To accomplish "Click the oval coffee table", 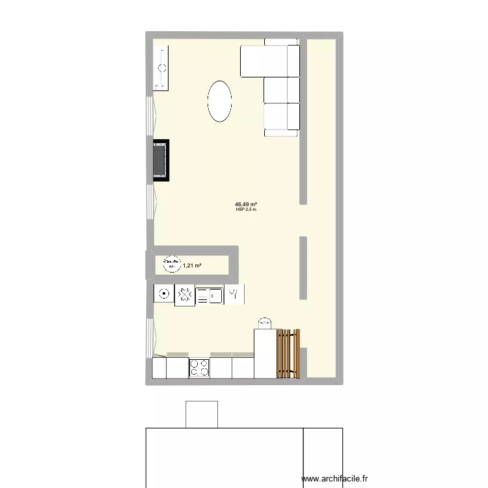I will pyautogui.click(x=219, y=101).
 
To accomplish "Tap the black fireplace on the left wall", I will pyautogui.click(x=160, y=159).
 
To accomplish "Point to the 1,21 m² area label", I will pyautogui.click(x=192, y=265).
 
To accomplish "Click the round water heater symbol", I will pyautogui.click(x=170, y=263).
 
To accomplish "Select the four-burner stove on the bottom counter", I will pyautogui.click(x=199, y=368).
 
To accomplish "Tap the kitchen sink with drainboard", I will pyautogui.click(x=210, y=295).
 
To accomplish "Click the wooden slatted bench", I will pyautogui.click(x=288, y=354).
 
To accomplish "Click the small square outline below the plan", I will pyautogui.click(x=202, y=415).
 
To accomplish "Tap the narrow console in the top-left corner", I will pyautogui.click(x=161, y=68).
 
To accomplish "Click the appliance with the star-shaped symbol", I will pyautogui.click(x=185, y=295).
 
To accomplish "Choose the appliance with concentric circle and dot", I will pyautogui.click(x=163, y=294).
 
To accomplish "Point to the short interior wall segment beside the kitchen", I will pyautogui.click(x=303, y=268).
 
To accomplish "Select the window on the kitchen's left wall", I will pyautogui.click(x=152, y=337).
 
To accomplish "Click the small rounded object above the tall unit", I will pyautogui.click(x=264, y=323).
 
